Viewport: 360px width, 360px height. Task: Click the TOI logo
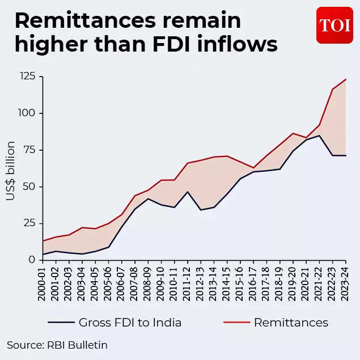(x=334, y=26)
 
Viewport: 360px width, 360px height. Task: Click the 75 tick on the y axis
(x=29, y=150)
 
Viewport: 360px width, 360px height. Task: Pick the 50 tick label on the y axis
(x=29, y=187)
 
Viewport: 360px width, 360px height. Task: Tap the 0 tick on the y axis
(x=32, y=260)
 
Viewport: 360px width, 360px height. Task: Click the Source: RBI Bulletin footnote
(x=57, y=345)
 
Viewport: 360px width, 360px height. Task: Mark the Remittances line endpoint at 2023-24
(x=346, y=79)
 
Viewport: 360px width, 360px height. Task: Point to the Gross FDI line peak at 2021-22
(x=320, y=135)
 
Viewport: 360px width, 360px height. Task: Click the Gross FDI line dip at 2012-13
(x=201, y=210)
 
